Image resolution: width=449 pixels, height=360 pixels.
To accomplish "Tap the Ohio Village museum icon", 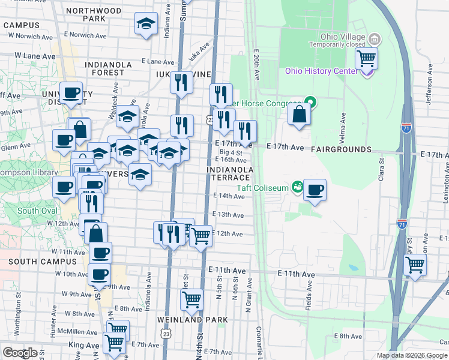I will coord(375,40).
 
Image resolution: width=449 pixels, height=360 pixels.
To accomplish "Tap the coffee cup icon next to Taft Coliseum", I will coord(315,191).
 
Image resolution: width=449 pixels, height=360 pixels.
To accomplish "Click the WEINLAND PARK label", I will coord(193,320).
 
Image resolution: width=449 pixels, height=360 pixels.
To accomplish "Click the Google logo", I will coord(20,353).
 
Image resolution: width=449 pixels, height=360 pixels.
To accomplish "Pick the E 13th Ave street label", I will coord(229,215).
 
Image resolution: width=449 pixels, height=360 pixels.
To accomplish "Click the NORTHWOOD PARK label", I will coord(94,15).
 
